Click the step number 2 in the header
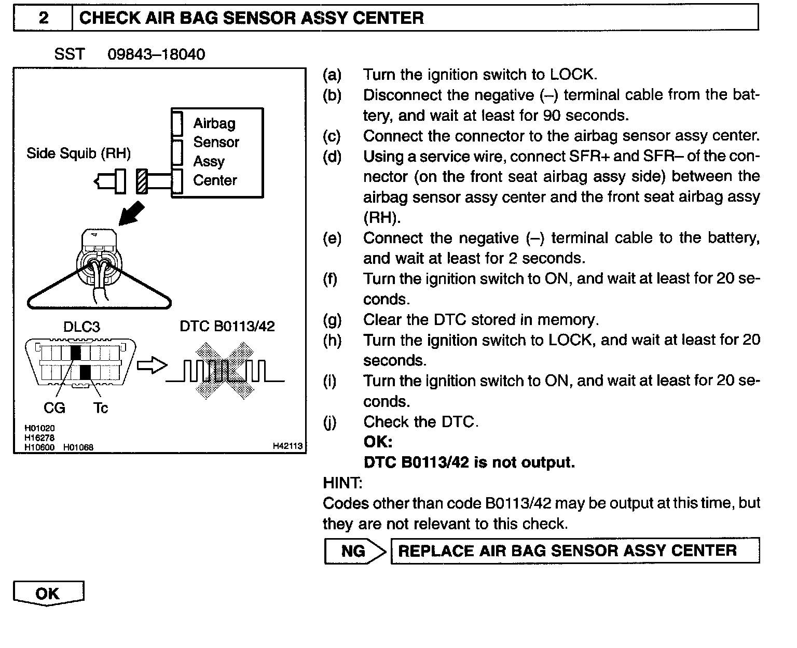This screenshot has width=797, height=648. [x=44, y=18]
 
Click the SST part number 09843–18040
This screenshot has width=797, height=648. [x=156, y=54]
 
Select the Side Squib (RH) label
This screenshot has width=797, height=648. [x=78, y=153]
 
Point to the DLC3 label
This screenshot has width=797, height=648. [x=81, y=327]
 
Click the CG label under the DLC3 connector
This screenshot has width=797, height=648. [x=54, y=408]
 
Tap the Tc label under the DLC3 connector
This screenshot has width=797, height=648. [x=101, y=408]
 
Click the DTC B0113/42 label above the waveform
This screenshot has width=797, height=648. [x=227, y=326]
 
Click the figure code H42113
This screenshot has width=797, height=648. [x=287, y=446]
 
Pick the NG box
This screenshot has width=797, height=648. [x=353, y=551]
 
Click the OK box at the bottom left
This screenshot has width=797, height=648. [x=48, y=594]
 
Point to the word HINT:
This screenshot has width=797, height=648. [x=342, y=483]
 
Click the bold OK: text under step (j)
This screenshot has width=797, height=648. [x=378, y=442]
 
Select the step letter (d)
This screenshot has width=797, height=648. [x=332, y=156]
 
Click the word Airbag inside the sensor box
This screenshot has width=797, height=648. [x=214, y=123]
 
